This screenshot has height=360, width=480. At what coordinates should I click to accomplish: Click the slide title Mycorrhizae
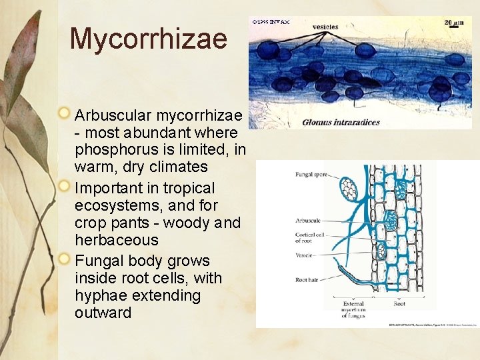(148, 39)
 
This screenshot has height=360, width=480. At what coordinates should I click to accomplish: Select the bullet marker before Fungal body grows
(64, 259)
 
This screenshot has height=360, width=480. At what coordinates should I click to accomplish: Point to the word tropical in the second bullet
(185, 189)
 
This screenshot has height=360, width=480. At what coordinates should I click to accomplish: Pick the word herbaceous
(117, 240)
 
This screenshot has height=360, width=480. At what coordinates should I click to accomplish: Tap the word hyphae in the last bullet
(101, 295)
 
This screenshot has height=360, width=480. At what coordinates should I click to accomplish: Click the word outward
(103, 313)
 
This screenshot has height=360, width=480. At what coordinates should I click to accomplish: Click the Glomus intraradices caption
(341, 122)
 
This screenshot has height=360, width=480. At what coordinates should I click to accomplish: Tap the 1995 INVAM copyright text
(271, 22)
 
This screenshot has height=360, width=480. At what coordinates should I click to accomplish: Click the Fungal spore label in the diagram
(311, 175)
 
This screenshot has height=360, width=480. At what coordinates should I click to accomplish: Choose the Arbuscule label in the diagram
(307, 220)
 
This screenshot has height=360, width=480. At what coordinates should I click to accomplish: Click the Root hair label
(306, 279)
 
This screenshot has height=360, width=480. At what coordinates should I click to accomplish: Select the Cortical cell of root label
(309, 238)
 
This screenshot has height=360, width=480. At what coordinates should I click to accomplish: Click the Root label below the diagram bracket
(400, 303)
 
